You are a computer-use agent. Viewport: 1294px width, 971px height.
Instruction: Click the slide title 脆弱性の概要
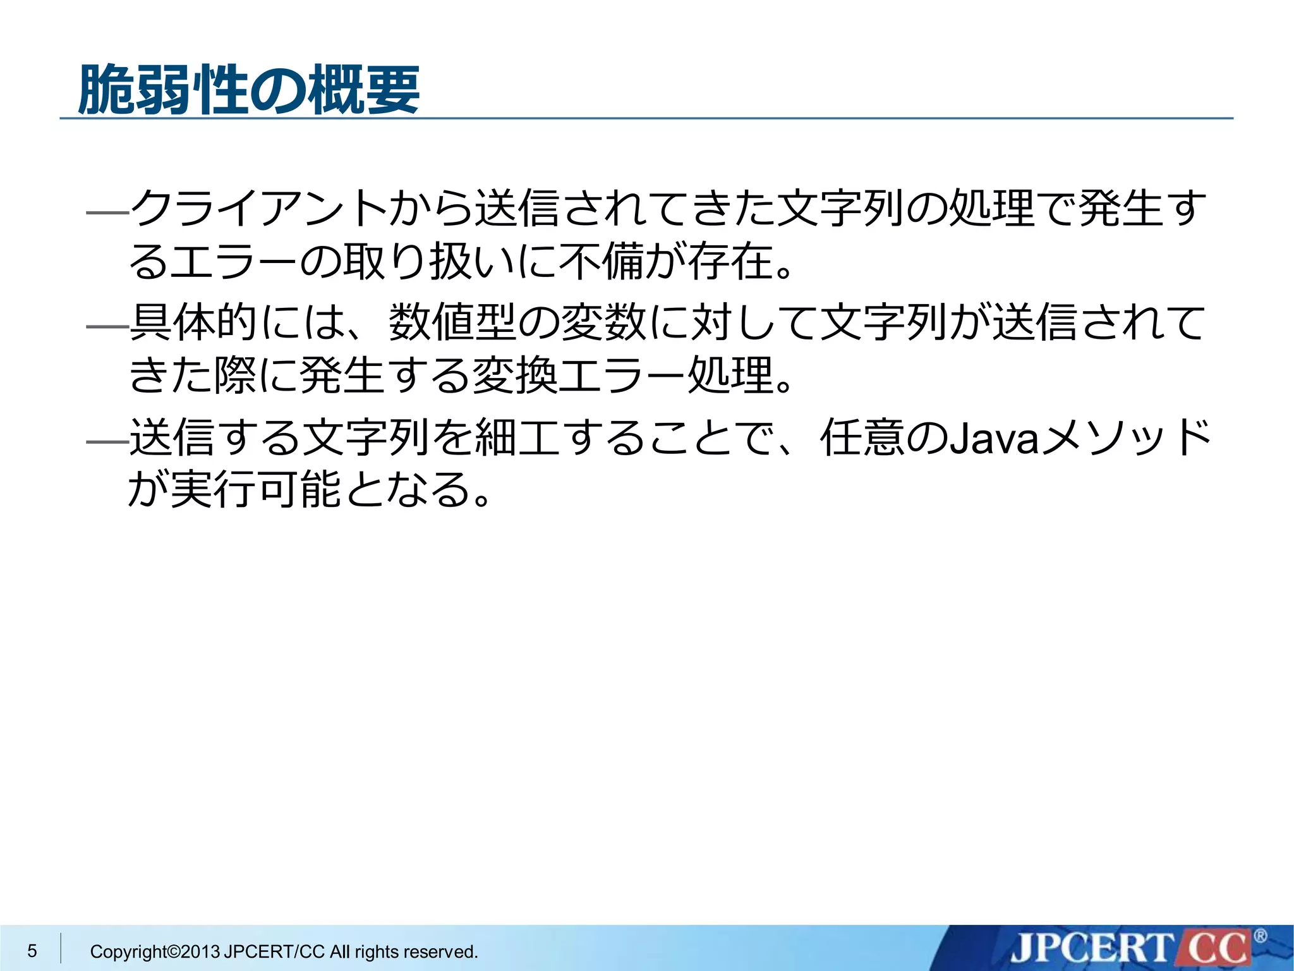[249, 90]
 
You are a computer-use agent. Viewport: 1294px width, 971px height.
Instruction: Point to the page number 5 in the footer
[32, 951]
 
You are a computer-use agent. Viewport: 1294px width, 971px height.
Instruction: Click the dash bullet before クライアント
[107, 214]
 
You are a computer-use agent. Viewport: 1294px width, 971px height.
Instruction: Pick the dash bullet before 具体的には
[107, 327]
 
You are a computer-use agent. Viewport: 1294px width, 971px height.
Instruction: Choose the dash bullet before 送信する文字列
[107, 442]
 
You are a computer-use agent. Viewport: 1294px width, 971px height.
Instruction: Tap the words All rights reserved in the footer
[404, 951]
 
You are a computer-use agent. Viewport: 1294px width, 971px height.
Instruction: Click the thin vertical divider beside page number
[61, 948]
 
